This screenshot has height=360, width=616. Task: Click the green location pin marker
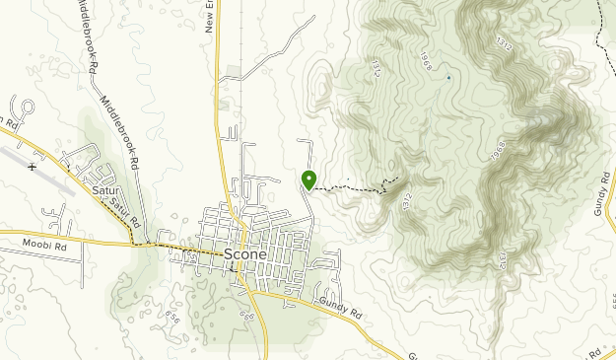(x=308, y=180)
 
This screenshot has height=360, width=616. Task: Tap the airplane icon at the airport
(x=33, y=166)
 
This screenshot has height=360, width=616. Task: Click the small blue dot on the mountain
(x=448, y=77)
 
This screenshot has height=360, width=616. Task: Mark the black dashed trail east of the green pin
(x=350, y=188)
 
